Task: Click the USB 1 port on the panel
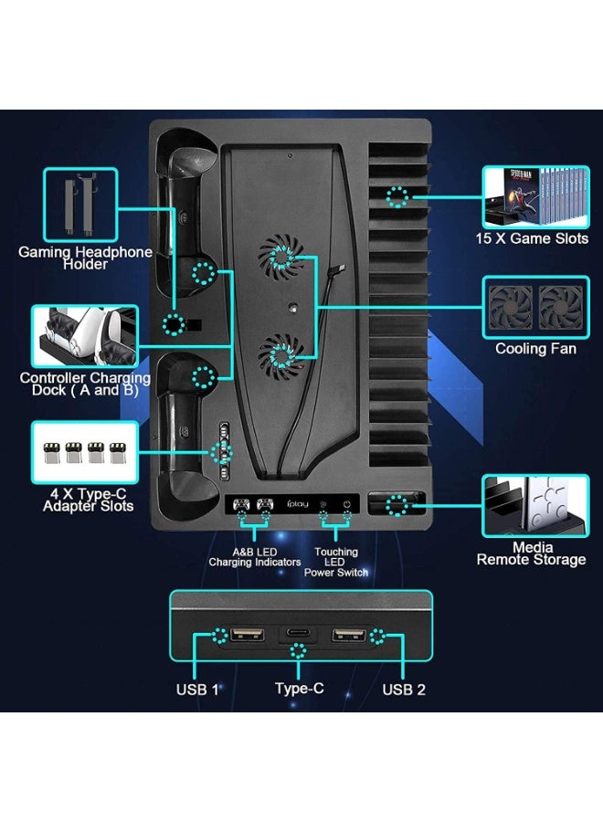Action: [247, 635]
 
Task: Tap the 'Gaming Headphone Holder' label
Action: [85, 258]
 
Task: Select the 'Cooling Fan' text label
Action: [535, 349]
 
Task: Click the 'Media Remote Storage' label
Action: [531, 553]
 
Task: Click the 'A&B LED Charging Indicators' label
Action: [254, 557]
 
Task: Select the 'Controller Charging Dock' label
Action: [85, 385]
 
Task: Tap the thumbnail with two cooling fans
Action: [535, 307]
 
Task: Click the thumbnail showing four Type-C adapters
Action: [85, 452]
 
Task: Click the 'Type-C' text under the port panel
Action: [299, 688]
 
